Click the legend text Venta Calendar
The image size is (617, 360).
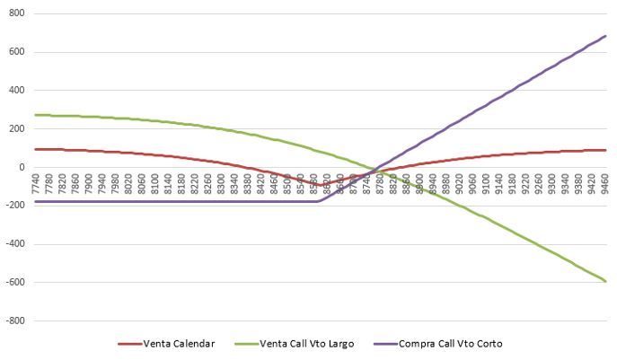click(180, 343)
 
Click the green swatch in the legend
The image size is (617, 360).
click(247, 343)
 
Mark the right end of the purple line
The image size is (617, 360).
click(605, 36)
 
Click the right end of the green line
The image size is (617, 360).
click(605, 281)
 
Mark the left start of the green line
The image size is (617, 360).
click(34, 115)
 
